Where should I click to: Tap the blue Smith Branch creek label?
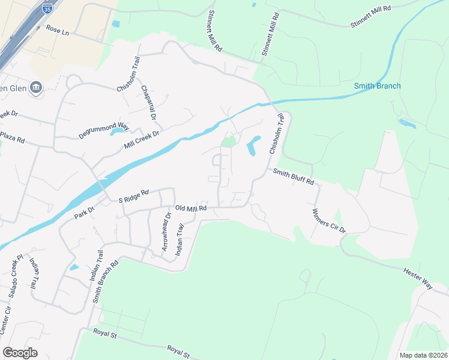click(377, 86)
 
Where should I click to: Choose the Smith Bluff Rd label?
click(294, 176)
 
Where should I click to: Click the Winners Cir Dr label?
click(329, 220)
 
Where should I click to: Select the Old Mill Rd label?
click(191, 208)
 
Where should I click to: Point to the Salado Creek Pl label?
click(17, 275)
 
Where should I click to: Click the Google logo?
click(20, 353)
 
